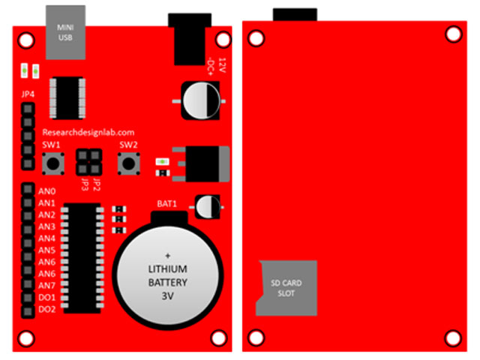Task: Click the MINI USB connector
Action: coord(65,32)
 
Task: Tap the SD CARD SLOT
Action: coord(287,288)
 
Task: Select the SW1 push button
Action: coord(52,162)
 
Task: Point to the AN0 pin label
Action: coord(47,191)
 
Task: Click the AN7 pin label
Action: coord(47,285)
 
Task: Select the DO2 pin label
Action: coord(47,309)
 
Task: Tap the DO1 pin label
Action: coord(47,297)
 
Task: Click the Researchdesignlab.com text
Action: coord(88,132)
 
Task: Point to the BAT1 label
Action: coord(166,203)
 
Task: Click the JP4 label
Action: coord(28,94)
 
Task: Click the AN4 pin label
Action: coord(47,238)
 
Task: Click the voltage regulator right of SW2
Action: coord(199,163)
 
